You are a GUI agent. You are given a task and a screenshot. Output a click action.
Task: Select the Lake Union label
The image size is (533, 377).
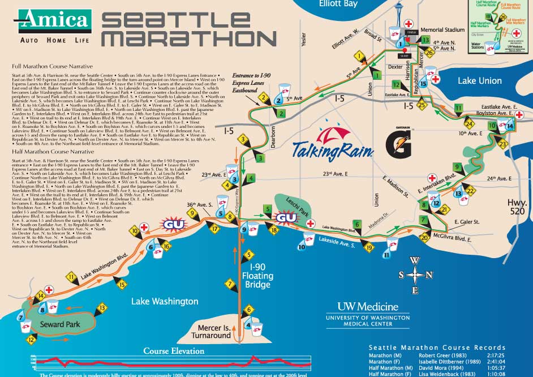479,80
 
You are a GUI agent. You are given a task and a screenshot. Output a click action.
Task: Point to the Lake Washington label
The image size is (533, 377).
165,301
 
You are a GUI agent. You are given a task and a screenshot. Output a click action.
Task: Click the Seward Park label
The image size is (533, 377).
60,324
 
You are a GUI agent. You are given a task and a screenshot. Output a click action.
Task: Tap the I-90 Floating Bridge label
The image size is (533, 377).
257,276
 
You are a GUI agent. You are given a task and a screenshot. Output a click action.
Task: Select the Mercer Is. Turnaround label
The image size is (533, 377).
214,331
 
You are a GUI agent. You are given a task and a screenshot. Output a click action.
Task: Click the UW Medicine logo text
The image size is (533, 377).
368,307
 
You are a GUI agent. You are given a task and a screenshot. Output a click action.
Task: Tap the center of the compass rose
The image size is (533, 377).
416,275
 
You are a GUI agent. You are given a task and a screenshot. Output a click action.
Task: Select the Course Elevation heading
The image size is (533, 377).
174,351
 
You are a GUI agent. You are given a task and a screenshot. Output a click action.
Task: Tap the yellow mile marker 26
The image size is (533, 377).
429,53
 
